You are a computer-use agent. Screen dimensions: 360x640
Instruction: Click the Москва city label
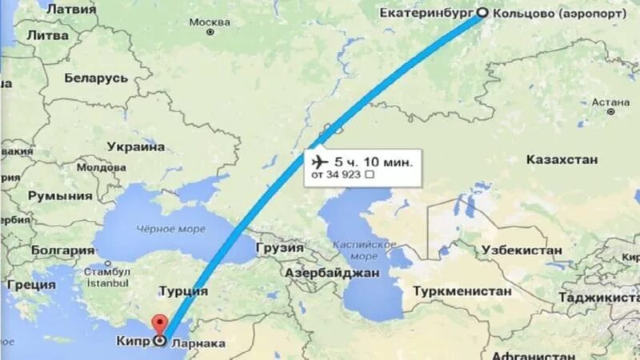pyautogui.click(x=210, y=20)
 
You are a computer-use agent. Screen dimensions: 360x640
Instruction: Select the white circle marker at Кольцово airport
pyautogui.click(x=482, y=13)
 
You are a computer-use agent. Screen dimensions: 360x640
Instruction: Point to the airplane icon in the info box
pyautogui.click(x=321, y=161)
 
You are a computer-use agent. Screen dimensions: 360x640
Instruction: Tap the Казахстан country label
pyautogui.click(x=562, y=160)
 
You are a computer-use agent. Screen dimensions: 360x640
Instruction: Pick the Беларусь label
pyautogui.click(x=96, y=78)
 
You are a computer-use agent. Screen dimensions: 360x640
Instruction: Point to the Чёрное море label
pyautogui.click(x=170, y=229)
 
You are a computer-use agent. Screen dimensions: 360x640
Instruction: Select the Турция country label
pyautogui.click(x=183, y=291)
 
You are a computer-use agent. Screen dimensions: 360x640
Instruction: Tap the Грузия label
pyautogui.click(x=279, y=248)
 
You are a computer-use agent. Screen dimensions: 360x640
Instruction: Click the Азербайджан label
pyautogui.click(x=331, y=272)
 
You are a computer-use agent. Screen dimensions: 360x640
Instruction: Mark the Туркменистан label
pyautogui.click(x=462, y=290)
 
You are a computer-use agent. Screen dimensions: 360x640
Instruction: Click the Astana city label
pyautogui.click(x=611, y=102)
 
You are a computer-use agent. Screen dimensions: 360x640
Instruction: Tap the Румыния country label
pyautogui.click(x=60, y=195)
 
